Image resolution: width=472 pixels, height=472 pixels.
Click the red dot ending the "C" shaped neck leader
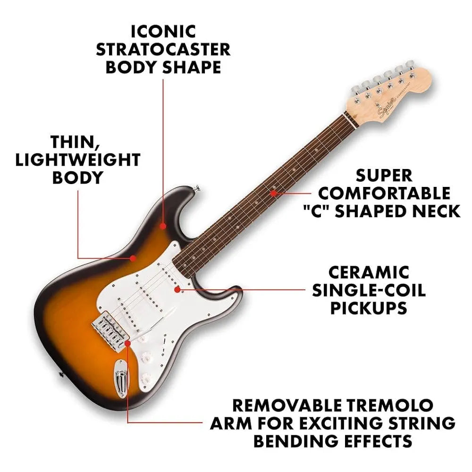pos(273,193)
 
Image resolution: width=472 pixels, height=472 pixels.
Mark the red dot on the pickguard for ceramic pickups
pos(177,290)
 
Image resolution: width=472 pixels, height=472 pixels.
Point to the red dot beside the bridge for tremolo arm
pos(127,343)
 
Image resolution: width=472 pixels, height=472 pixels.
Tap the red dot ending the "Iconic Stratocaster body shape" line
pos(163,226)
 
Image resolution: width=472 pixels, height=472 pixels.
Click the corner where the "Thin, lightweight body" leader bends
pos(78,258)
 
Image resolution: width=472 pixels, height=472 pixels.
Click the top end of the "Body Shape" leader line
pos(163,79)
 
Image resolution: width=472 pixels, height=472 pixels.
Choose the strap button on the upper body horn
pos(197,189)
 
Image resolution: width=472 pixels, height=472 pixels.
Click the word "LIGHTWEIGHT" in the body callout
pos(78,160)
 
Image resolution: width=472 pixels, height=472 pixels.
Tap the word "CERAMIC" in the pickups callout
pos(369,273)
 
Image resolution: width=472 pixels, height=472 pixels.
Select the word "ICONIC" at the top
pos(163,32)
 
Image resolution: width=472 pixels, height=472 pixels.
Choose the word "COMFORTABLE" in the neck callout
pos(384,194)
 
